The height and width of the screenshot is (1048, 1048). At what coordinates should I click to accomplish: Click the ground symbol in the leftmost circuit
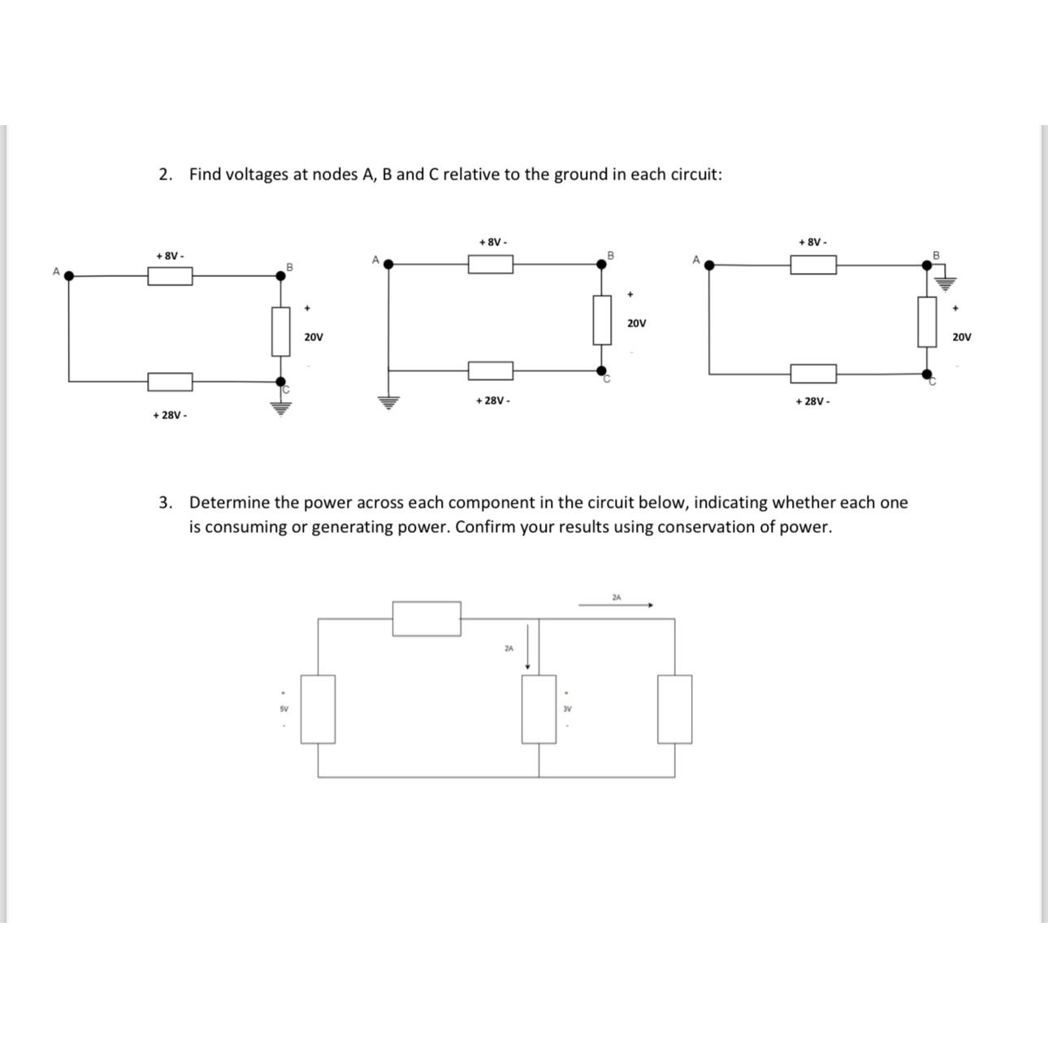(280, 406)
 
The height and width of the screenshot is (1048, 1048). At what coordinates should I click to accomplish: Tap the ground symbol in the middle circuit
(389, 402)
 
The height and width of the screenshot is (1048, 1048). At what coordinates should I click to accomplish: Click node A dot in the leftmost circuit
(69, 275)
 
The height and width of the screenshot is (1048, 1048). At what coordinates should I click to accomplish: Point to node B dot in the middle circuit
(601, 264)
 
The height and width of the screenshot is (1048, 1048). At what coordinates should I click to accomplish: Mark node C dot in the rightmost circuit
(927, 374)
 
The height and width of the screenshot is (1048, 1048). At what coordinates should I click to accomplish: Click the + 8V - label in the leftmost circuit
(170, 256)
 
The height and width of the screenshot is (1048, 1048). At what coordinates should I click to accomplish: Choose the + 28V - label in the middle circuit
(492, 401)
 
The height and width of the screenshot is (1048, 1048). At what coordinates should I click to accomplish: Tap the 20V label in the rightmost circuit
(961, 336)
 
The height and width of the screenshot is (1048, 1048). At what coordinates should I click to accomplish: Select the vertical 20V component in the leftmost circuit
(280, 331)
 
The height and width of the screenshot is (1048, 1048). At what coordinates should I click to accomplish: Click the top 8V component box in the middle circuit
(490, 264)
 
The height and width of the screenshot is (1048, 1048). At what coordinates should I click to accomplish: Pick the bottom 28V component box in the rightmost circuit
(812, 374)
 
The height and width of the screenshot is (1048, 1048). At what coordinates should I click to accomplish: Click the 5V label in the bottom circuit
(284, 708)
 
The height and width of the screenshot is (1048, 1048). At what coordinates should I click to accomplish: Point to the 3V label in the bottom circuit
(567, 708)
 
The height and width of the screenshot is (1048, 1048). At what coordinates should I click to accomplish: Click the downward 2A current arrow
(528, 647)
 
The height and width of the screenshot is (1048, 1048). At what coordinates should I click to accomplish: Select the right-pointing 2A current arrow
(615, 604)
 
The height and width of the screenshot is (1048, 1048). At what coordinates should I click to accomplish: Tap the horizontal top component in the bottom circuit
(427, 618)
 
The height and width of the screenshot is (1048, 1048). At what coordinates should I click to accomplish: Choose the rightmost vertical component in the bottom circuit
(674, 708)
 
